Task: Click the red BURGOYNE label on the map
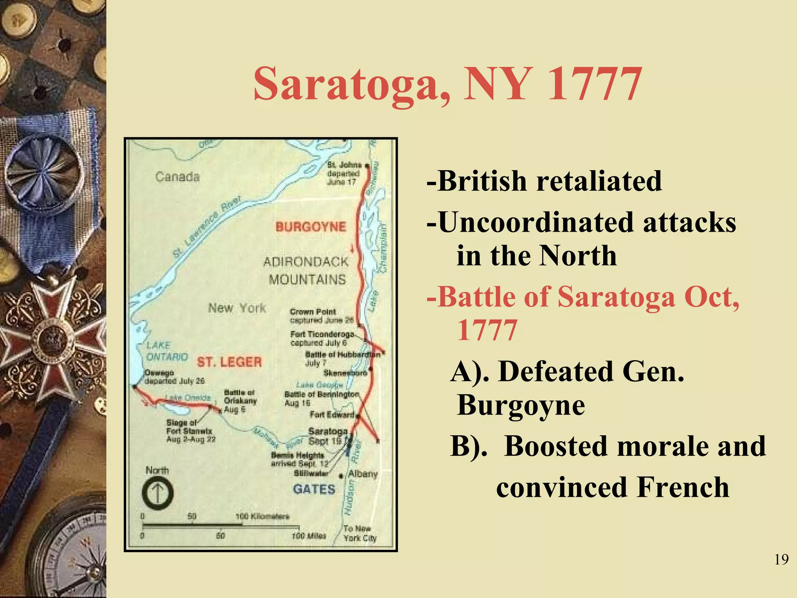pos(311,227)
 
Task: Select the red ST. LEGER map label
pos(229,362)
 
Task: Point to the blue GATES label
pos(314,489)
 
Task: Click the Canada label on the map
pos(177,177)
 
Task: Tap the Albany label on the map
pos(363,474)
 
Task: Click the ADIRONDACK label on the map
pos(306,262)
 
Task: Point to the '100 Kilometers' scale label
pos(263,517)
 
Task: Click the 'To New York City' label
pos(360,533)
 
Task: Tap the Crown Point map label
pos(313,312)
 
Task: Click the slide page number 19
pos(781,559)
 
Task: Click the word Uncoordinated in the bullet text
pos(537,223)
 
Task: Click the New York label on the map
pos(237,308)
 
